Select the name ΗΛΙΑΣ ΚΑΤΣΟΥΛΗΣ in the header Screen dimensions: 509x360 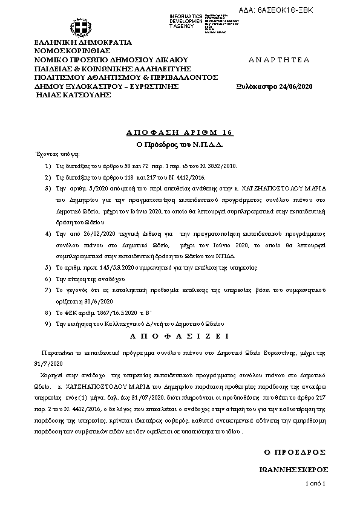(71, 96)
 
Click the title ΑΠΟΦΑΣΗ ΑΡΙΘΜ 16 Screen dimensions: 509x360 (180, 132)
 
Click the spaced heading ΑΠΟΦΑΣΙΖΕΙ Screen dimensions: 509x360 (180, 335)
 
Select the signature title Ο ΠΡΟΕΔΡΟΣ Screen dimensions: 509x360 (295, 452)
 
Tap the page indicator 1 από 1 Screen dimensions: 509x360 (315, 484)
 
